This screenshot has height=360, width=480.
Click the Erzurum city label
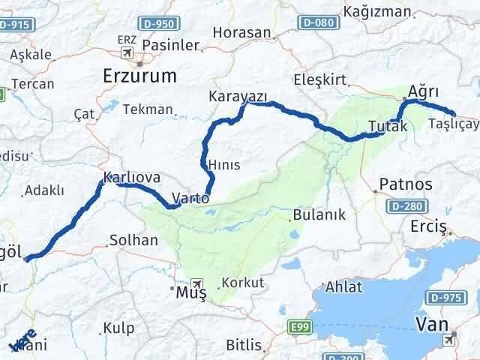[x=139, y=76]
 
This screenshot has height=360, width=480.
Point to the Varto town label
[x=190, y=199]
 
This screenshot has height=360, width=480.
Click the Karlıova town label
[x=131, y=178]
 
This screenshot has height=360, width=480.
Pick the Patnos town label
[x=406, y=184]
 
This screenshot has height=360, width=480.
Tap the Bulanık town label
[x=319, y=214]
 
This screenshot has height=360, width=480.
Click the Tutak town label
[x=388, y=126]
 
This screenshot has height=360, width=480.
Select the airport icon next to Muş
[x=197, y=284]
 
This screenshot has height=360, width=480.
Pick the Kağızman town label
[x=377, y=11]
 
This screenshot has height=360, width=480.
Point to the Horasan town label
[x=241, y=32]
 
